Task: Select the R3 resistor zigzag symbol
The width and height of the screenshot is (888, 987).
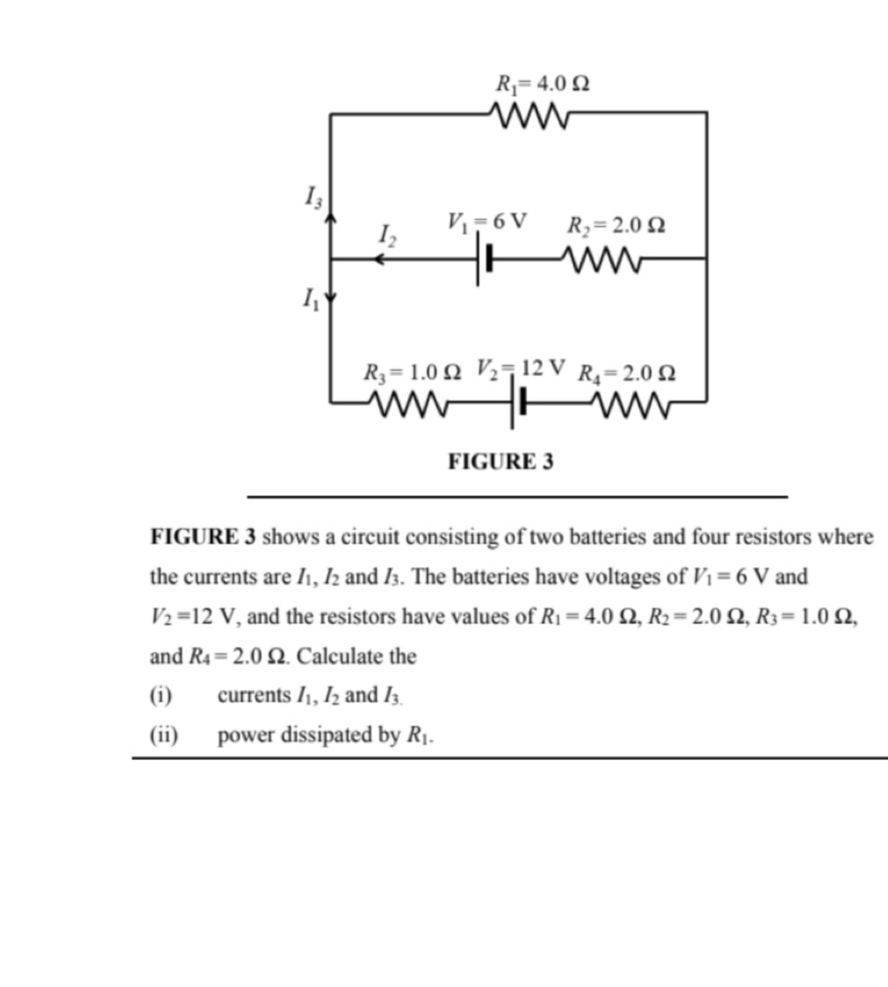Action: [408, 403]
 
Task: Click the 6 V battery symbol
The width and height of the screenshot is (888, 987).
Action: [484, 260]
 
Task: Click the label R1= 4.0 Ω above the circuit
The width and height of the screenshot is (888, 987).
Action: [542, 84]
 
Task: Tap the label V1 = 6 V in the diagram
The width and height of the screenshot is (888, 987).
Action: [486, 221]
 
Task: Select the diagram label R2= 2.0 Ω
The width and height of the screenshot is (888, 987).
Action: [615, 225]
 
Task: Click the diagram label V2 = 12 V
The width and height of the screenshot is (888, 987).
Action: [520, 366]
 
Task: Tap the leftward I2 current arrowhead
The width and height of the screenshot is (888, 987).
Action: [377, 260]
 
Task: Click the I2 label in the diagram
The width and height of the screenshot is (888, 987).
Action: [387, 235]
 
